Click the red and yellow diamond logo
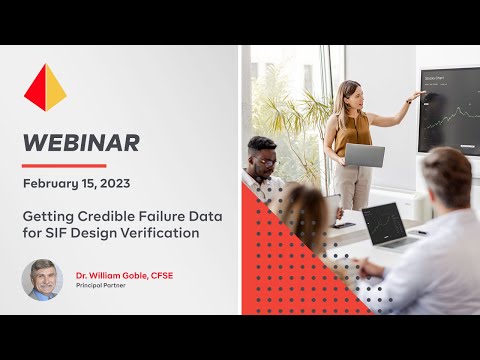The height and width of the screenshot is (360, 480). point(45,87)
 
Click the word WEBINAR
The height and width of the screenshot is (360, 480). point(82,143)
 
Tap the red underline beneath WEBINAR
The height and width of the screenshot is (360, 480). point(64,165)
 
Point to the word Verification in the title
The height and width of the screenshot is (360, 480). point(164,233)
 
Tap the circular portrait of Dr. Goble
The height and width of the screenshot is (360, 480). point(42,280)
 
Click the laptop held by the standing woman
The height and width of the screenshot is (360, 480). point(364,155)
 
